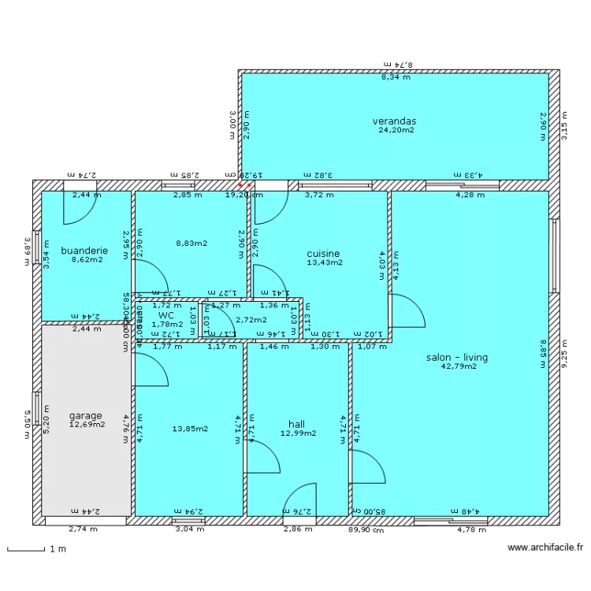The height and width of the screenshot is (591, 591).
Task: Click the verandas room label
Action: click(394, 121)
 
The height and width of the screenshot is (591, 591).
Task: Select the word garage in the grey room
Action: click(85, 415)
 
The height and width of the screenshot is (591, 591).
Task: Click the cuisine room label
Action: click(323, 254)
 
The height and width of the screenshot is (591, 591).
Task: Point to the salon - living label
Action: click(457, 357)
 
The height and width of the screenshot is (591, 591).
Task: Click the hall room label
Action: click(297, 424)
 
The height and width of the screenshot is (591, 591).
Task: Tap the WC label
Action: click(165, 314)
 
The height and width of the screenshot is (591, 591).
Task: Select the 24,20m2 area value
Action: click(396, 130)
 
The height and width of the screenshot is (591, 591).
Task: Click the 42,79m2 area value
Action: click(459, 366)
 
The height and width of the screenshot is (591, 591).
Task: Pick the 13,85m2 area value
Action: click(190, 429)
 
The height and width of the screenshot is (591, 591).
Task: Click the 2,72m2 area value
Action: click(251, 320)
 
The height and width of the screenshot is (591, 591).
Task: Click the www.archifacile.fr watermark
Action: click(545, 548)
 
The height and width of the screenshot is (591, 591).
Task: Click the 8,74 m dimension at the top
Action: click(399, 64)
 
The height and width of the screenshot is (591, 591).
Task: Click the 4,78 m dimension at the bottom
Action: click(471, 530)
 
